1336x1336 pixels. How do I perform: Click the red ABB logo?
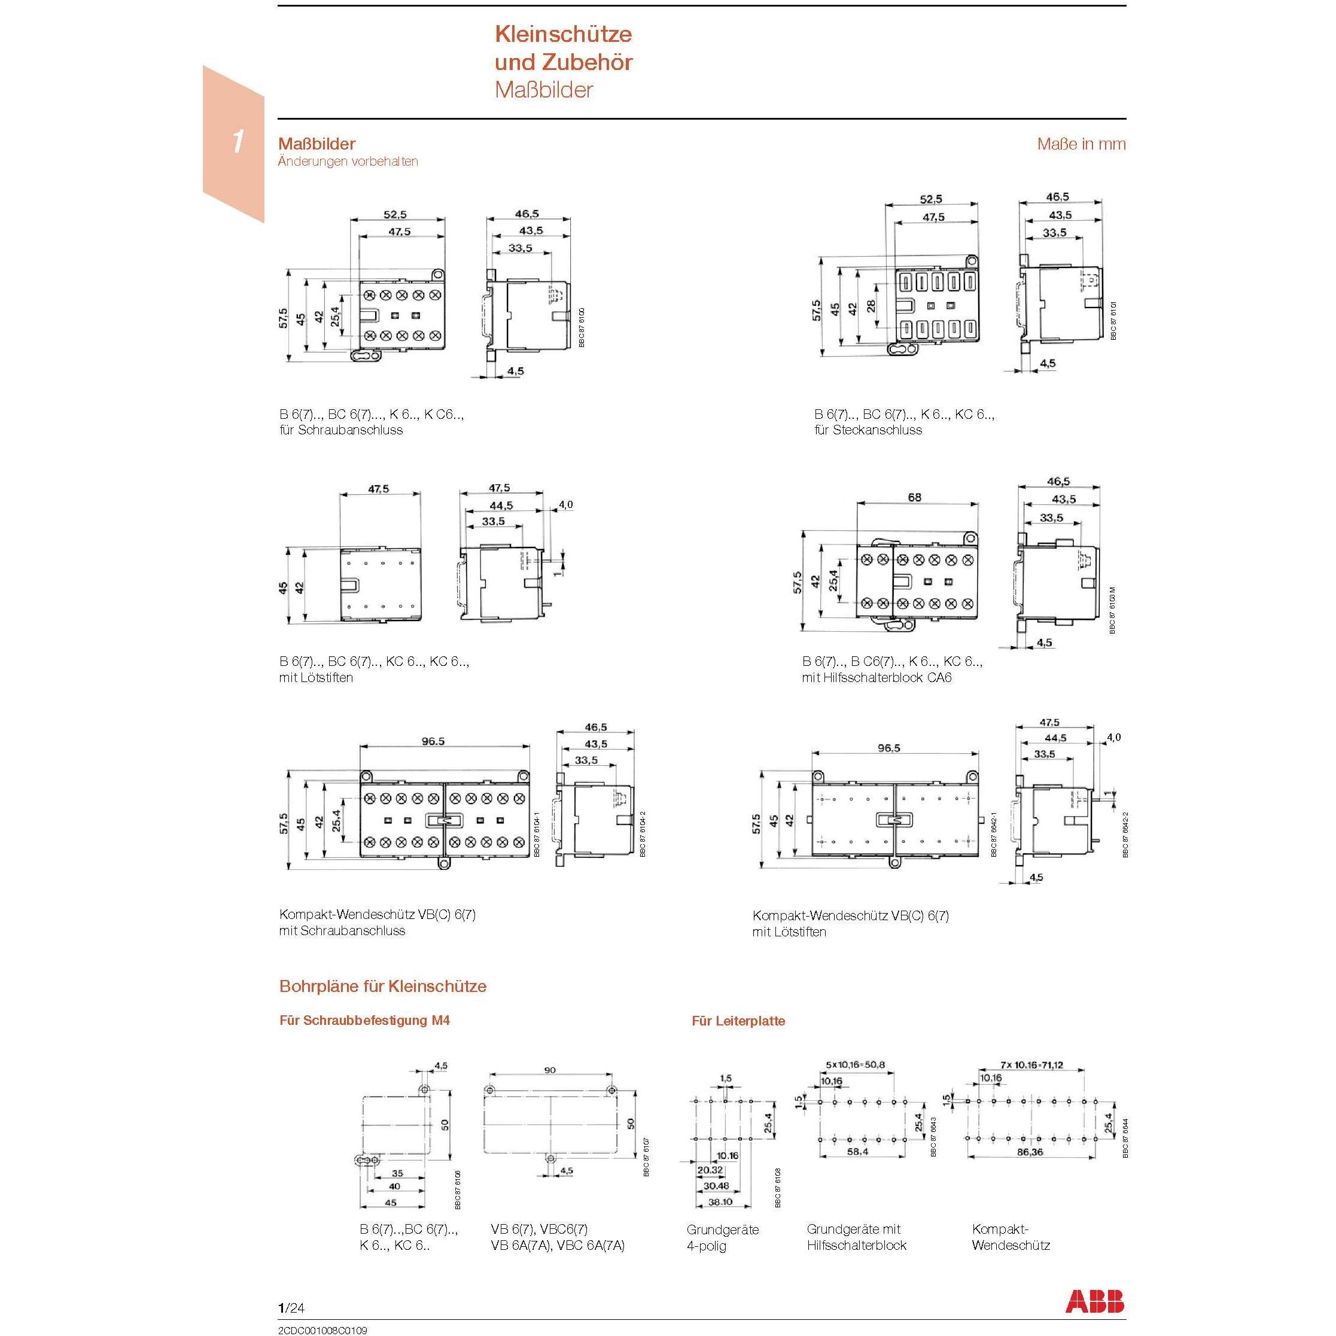[1095, 1301]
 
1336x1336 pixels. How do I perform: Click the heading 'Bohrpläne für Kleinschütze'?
[382, 986]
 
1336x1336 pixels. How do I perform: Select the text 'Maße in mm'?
[1081, 145]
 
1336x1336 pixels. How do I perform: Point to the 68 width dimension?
[914, 497]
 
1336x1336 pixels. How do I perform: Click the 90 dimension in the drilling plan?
[550, 1070]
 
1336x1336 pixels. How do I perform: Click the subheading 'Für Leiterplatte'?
[738, 1021]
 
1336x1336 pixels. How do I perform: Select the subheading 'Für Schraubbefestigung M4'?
[364, 1020]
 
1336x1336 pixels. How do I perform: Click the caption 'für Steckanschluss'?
[868, 430]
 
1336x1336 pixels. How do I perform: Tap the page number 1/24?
[291, 1307]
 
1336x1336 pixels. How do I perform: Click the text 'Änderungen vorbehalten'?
[348, 161]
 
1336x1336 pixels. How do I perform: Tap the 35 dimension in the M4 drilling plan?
[397, 1173]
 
